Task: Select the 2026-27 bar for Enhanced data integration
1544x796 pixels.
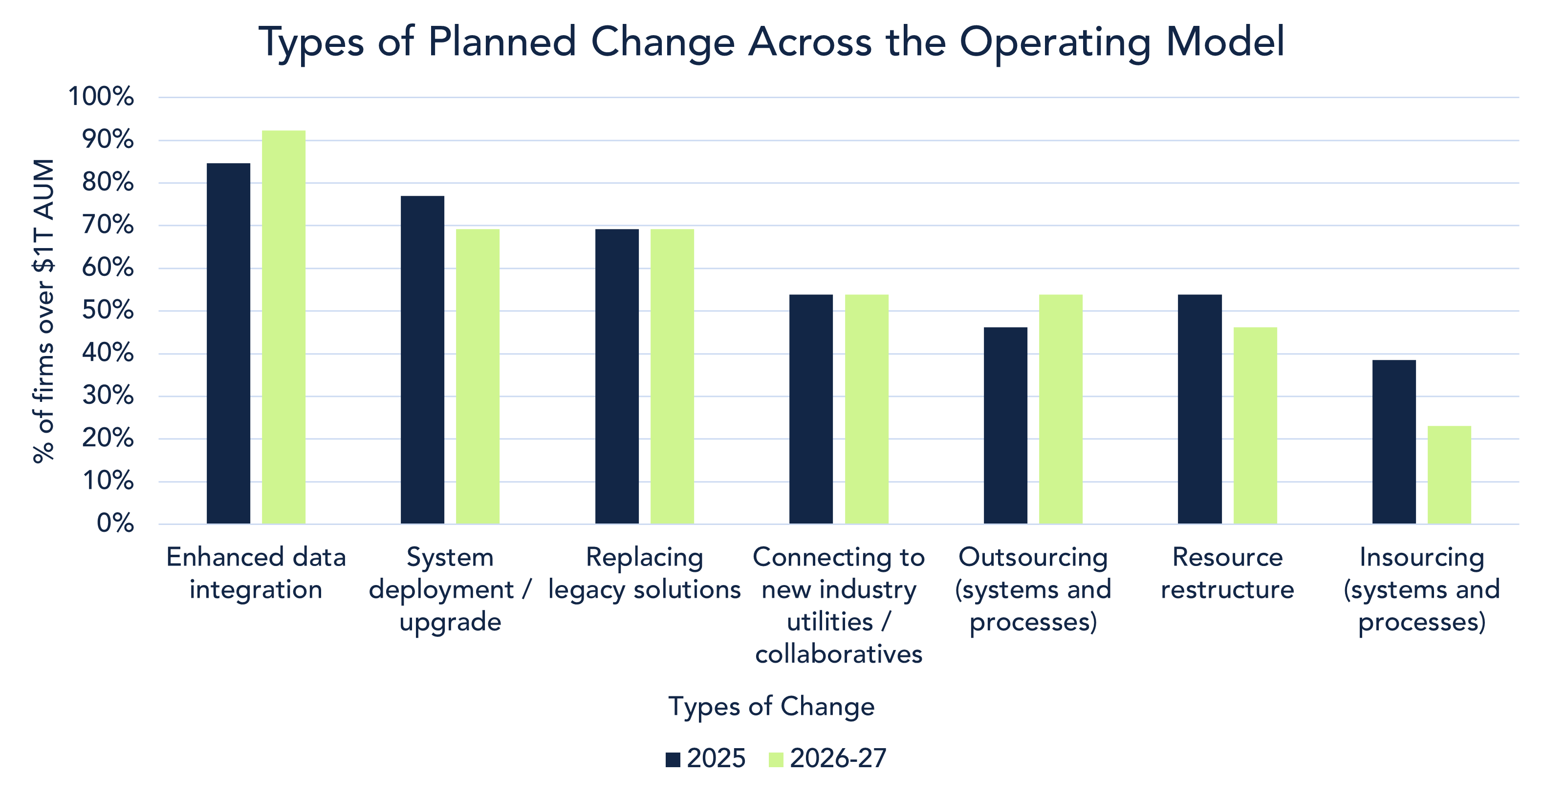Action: click(x=283, y=327)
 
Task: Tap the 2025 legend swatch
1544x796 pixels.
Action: click(x=673, y=760)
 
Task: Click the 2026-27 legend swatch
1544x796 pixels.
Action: click(x=776, y=760)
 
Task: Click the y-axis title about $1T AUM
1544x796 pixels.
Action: click(x=44, y=310)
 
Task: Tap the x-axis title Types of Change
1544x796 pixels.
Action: click(x=771, y=707)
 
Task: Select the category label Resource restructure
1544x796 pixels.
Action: click(x=1227, y=573)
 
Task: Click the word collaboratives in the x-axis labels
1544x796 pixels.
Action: click(x=839, y=654)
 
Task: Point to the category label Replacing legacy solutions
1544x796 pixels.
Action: click(x=644, y=573)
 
